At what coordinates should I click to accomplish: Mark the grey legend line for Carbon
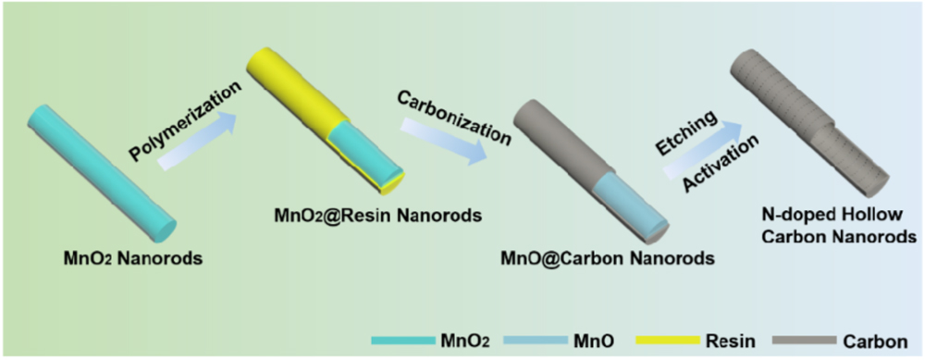(815, 341)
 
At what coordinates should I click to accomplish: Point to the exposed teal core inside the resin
(368, 154)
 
